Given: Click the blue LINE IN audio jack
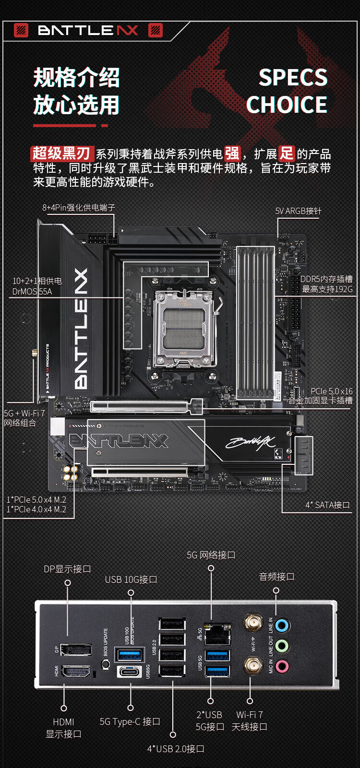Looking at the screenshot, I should [x=282, y=625].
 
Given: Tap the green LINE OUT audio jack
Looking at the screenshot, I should [x=282, y=646].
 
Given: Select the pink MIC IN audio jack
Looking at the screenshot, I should [x=282, y=666].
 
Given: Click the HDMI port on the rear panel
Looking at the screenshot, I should [x=76, y=672].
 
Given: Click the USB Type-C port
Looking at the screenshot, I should [x=130, y=671].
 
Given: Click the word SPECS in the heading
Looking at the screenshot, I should [x=293, y=78].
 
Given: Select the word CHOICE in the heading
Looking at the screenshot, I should [x=287, y=105].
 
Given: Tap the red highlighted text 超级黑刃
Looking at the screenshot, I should [x=61, y=154].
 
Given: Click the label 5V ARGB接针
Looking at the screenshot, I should [x=298, y=211].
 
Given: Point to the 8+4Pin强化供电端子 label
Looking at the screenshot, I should [x=79, y=208].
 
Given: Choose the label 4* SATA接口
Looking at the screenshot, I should [x=327, y=505].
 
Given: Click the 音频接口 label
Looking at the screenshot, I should [x=276, y=577].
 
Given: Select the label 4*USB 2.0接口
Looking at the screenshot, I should [x=176, y=749].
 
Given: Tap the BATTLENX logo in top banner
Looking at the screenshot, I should [x=88, y=31].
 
